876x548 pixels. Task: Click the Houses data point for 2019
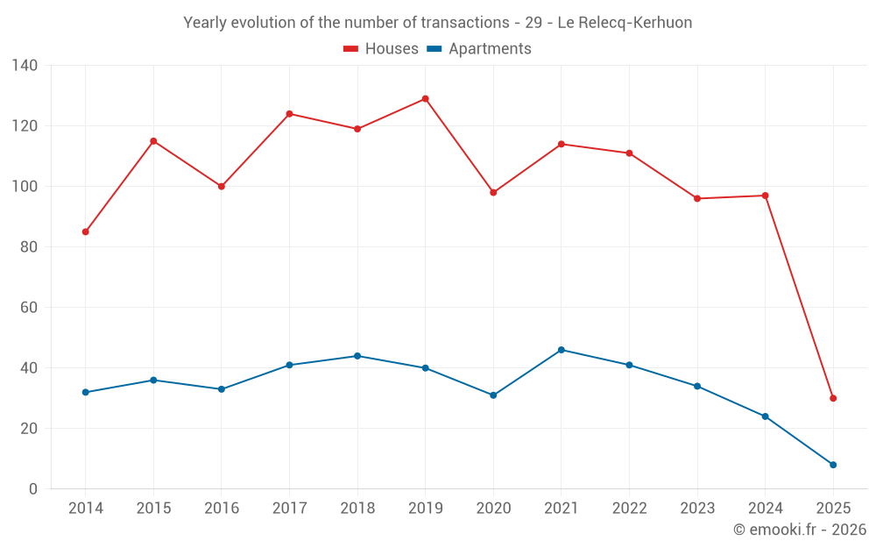coord(426,99)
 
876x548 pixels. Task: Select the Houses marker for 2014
coord(86,232)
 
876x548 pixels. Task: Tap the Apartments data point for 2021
coord(562,350)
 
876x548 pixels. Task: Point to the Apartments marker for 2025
coord(833,465)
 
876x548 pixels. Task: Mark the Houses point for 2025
coord(833,398)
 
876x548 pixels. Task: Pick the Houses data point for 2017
coord(289,114)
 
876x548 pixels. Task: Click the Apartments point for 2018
coord(357,356)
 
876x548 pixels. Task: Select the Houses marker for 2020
coord(493,193)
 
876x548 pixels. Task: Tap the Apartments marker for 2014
coord(86,392)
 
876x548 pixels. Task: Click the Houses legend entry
coord(381,49)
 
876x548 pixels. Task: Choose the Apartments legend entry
coord(479,49)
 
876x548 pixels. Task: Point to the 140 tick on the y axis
coord(25,66)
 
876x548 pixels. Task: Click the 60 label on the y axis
coord(29,308)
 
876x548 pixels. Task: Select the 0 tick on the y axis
coord(32,489)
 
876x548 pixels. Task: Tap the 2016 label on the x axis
coord(222,509)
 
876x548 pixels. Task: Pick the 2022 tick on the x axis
coord(629,509)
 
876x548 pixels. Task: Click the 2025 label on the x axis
coord(833,509)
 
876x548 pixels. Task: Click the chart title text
coord(438,23)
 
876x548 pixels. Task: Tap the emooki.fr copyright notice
coord(800,530)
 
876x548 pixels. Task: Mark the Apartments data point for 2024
coord(765,416)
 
